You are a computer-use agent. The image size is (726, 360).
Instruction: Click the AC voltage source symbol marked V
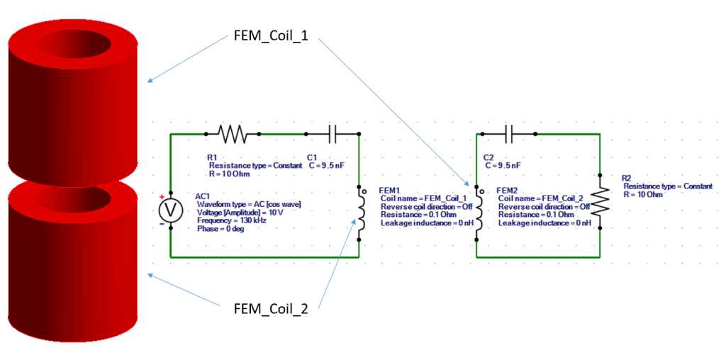coord(170,210)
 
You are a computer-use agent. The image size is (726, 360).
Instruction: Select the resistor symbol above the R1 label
coord(233,134)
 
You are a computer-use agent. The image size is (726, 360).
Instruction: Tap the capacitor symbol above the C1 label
coord(333,134)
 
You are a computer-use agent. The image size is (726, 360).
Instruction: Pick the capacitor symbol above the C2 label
coord(509,134)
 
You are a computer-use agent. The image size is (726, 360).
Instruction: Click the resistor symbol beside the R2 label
coord(600,202)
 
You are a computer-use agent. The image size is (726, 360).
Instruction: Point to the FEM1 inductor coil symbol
coord(359,213)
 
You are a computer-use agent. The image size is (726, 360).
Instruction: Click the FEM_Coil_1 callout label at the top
coord(271,38)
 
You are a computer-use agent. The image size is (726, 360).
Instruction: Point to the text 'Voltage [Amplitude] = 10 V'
coord(240,213)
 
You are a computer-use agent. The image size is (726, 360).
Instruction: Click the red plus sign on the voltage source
coord(162,197)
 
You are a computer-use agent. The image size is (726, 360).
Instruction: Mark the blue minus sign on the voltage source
coord(162,224)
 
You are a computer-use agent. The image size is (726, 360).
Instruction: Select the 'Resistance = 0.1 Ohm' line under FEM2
coord(536,215)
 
